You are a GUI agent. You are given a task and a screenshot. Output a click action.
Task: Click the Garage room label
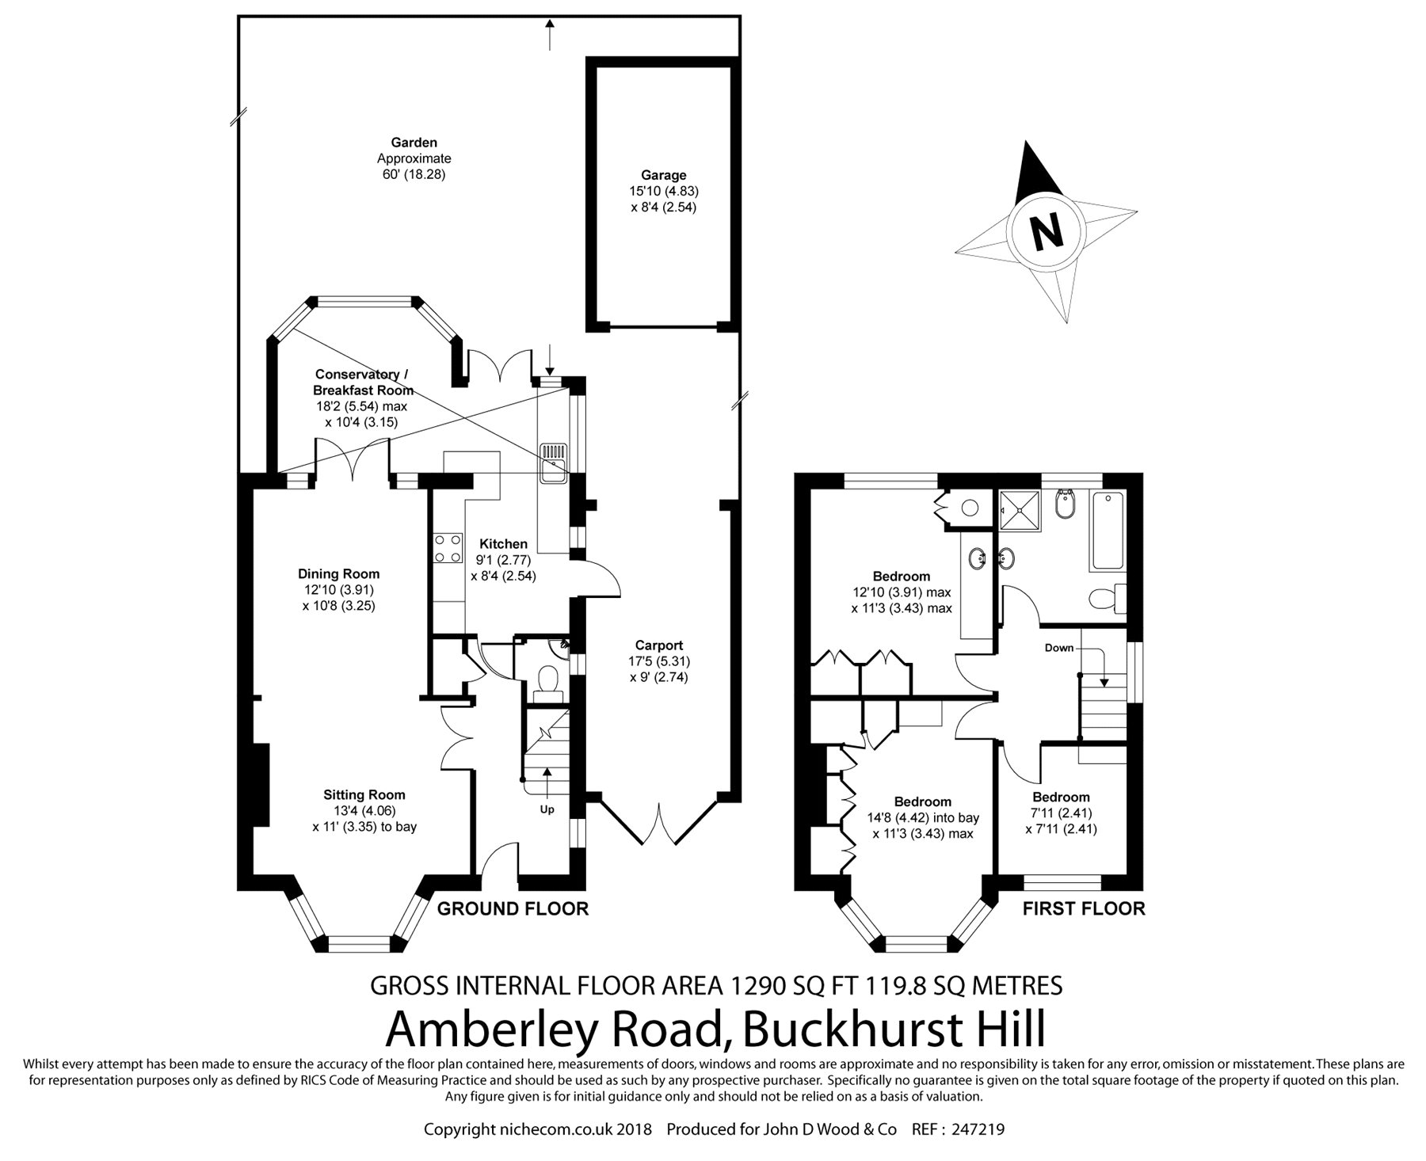(664, 175)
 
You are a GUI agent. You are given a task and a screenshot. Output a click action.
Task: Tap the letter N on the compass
(1047, 232)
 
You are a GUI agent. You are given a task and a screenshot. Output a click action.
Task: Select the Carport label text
(658, 645)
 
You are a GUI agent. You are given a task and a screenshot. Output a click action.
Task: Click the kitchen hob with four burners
(448, 548)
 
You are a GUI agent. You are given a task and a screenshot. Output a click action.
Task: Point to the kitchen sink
(553, 464)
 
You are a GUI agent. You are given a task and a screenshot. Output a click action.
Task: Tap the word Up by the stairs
(547, 809)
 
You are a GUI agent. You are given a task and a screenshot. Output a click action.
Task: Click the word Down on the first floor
(1058, 648)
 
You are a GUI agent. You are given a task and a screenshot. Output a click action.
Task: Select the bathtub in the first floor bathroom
(1108, 530)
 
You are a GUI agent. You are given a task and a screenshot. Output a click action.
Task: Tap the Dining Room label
(338, 573)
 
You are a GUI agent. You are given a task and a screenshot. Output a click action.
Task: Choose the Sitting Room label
(364, 794)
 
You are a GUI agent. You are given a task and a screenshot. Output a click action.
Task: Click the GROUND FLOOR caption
(513, 908)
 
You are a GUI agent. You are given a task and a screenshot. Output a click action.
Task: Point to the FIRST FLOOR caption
(1084, 908)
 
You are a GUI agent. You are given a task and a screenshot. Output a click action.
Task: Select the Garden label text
(414, 143)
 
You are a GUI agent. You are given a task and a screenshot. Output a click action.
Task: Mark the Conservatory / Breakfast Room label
(364, 382)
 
